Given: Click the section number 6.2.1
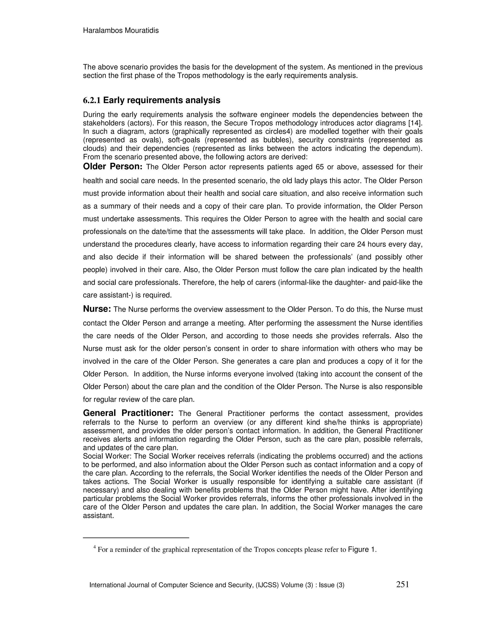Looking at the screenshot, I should point(92,100).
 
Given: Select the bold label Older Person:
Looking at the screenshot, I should point(112,167).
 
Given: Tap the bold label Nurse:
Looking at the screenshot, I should point(97,309).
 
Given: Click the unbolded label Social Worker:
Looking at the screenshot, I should point(107,456).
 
